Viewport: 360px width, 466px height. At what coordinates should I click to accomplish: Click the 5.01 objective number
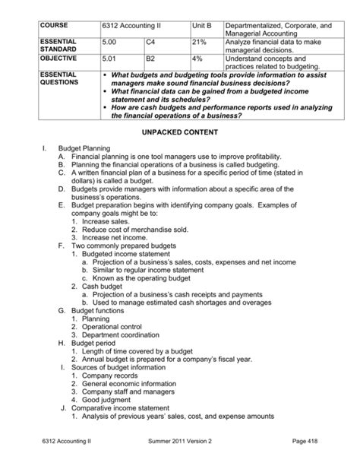[110, 57]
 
